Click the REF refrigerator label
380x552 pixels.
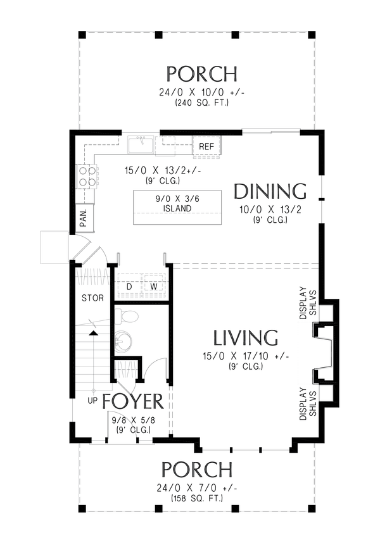[x=206, y=146]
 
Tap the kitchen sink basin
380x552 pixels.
[x=140, y=145]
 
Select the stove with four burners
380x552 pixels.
[x=87, y=177]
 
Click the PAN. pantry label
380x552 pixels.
[x=84, y=218]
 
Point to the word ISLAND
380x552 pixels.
[x=177, y=208]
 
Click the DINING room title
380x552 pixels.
[x=270, y=192]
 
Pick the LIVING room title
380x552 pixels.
[x=246, y=338]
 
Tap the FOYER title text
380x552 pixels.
[x=133, y=402]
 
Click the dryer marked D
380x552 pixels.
[x=129, y=287]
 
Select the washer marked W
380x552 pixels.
[x=154, y=287]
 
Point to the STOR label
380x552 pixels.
[x=92, y=298]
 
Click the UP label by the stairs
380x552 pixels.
[x=92, y=401]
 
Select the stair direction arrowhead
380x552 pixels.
[x=93, y=333]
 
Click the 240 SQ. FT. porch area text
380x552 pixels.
[x=202, y=103]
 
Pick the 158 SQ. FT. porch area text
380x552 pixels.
[x=197, y=498]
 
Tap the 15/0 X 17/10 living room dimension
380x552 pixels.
[x=246, y=356]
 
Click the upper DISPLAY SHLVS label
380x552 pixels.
[x=308, y=303]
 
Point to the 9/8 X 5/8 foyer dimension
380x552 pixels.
[x=134, y=420]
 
